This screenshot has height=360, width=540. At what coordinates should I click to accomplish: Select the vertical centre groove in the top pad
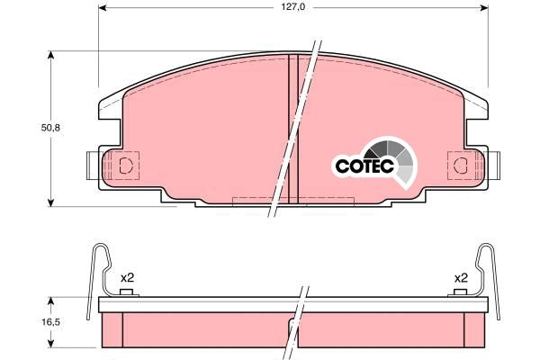tap(292, 126)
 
